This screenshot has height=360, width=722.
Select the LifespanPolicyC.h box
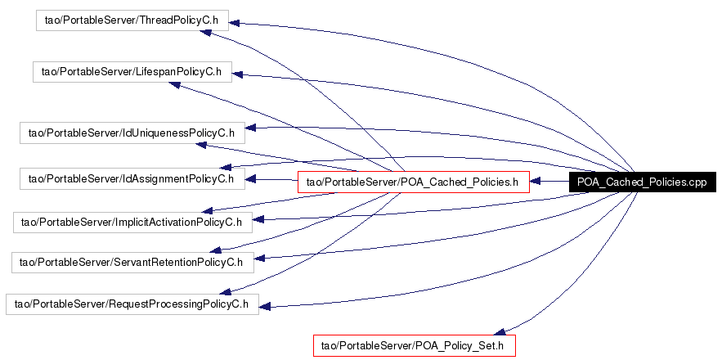point(132,71)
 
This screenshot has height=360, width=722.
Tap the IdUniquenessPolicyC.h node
point(132,132)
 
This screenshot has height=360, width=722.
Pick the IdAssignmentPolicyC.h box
point(132,178)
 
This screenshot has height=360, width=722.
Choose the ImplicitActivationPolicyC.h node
point(132,221)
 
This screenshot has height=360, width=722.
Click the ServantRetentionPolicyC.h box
point(132,262)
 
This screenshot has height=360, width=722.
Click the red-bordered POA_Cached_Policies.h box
point(413,182)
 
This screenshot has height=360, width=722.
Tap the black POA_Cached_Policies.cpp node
point(641,182)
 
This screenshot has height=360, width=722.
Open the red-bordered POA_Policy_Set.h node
point(415,345)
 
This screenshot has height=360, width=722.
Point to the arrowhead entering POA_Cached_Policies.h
point(535,182)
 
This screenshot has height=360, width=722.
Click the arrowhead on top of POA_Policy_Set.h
point(506,331)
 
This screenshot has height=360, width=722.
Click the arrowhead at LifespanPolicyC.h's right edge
point(237,75)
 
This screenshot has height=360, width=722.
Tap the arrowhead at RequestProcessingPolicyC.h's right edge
point(265,308)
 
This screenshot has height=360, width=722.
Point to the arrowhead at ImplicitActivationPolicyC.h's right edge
point(258,219)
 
